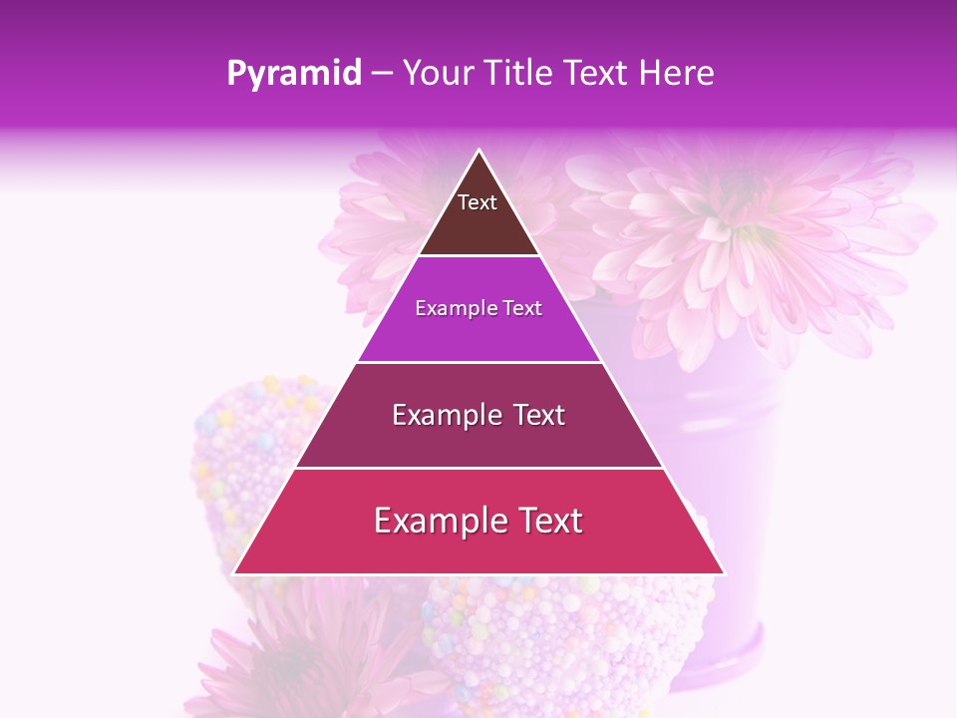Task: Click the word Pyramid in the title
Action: pyautogui.click(x=293, y=74)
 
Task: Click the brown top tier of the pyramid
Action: pyautogui.click(x=478, y=229)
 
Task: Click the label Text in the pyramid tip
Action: pyautogui.click(x=478, y=202)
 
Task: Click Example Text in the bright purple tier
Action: pyautogui.click(x=478, y=308)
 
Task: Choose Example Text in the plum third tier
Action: pyautogui.click(x=478, y=415)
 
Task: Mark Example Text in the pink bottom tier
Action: pyautogui.click(x=478, y=521)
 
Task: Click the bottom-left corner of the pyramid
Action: pyautogui.click(x=235, y=573)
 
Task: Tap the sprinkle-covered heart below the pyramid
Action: pyautogui.click(x=558, y=638)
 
